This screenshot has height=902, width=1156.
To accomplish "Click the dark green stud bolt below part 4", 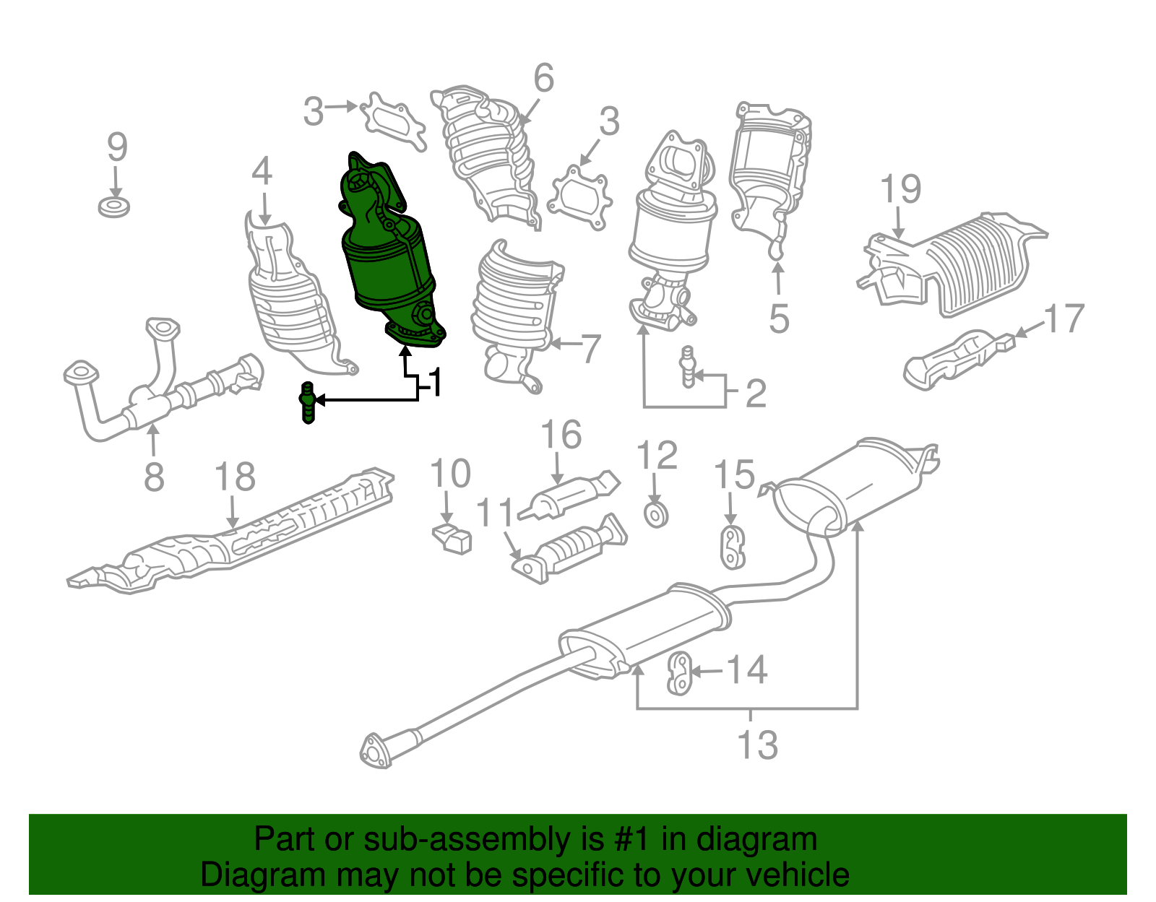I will pyautogui.click(x=308, y=403).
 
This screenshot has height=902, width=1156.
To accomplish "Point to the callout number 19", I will pyautogui.click(x=900, y=190).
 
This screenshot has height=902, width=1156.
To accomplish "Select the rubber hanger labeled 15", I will pyautogui.click(x=733, y=547).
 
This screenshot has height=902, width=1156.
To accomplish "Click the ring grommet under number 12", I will pyautogui.click(x=655, y=515).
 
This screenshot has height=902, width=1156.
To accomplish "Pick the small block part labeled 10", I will pyautogui.click(x=452, y=539).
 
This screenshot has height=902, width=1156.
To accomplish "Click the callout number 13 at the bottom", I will pyautogui.click(x=757, y=745).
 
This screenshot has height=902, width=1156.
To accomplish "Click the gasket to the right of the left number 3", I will pyautogui.click(x=392, y=121).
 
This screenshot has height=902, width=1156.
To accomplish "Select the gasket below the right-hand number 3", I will pyautogui.click(x=579, y=197).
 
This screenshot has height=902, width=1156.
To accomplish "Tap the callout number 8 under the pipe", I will pyautogui.click(x=154, y=477).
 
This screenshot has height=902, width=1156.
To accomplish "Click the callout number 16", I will pyautogui.click(x=561, y=435).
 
